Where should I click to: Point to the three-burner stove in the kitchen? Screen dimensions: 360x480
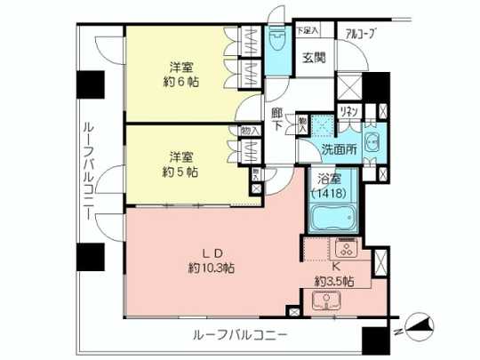343,248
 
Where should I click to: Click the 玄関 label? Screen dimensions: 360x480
314,58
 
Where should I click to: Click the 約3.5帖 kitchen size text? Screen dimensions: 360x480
334,281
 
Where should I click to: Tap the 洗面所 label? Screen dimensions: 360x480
340,149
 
